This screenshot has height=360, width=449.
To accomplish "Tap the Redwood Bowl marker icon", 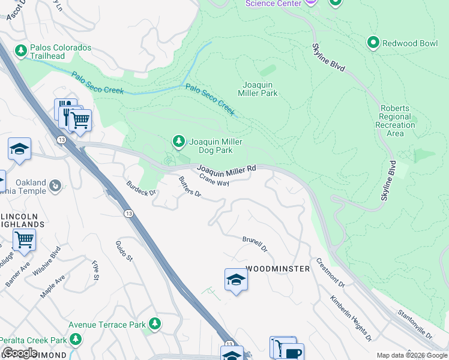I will [x=373, y=42].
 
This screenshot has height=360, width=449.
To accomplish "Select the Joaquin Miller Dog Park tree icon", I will [x=178, y=141].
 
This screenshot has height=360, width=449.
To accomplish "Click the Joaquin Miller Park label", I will [x=260, y=89].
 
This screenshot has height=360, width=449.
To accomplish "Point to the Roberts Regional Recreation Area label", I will [x=395, y=121].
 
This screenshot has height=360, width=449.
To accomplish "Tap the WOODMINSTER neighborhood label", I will [x=277, y=269].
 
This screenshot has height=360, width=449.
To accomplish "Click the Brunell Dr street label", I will [x=255, y=244].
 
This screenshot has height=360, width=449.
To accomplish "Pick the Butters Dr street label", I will [x=190, y=187].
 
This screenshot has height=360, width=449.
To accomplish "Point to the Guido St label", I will [x=124, y=251].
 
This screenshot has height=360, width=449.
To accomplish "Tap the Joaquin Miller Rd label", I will [x=227, y=170].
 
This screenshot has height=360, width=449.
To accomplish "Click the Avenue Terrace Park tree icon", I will [x=155, y=324].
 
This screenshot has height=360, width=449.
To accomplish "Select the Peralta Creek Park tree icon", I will [x=76, y=339].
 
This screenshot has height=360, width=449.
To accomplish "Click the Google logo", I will [x=20, y=353].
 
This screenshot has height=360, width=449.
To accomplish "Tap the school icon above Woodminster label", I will [x=236, y=279].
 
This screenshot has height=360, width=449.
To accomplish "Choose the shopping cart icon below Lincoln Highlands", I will [x=24, y=239].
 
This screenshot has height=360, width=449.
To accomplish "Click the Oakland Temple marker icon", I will [x=55, y=185].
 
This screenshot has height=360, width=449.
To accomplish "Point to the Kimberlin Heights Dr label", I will [x=351, y=317].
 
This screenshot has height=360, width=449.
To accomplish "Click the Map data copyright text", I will [x=411, y=355].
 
